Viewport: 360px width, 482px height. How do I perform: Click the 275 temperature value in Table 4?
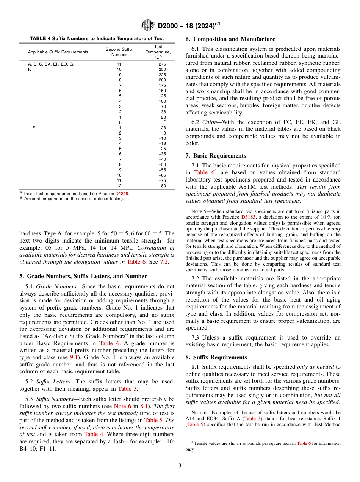162,64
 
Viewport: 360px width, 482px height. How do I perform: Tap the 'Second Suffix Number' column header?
119,52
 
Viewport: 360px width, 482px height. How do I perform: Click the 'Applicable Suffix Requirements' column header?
58,52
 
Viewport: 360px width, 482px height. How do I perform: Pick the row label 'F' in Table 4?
34,128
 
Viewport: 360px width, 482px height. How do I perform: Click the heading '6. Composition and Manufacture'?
230,39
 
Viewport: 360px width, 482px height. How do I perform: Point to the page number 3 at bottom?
180,466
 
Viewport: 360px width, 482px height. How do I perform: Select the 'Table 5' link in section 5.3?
153,420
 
